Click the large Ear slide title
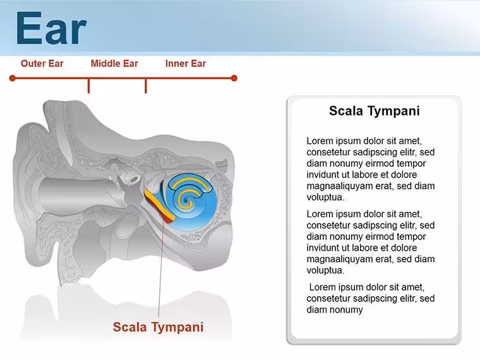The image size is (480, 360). click(51, 28)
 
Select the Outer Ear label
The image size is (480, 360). click(42, 63)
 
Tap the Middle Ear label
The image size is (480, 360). click(114, 63)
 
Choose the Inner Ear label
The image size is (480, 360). click(186, 63)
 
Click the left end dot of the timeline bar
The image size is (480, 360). click(12, 78)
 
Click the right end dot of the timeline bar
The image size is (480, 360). click(234, 78)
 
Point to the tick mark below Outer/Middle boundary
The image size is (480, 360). click(89, 86)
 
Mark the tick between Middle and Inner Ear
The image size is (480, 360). click(146, 86)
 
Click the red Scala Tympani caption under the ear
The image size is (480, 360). click(158, 327)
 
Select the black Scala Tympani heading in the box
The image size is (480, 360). click(374, 111)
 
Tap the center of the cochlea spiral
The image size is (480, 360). click(186, 200)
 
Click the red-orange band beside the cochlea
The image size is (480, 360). click(159, 206)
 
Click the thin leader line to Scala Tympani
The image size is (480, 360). click(160, 270)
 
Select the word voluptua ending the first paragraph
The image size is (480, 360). click(325, 198)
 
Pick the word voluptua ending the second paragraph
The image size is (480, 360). click(325, 270)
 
